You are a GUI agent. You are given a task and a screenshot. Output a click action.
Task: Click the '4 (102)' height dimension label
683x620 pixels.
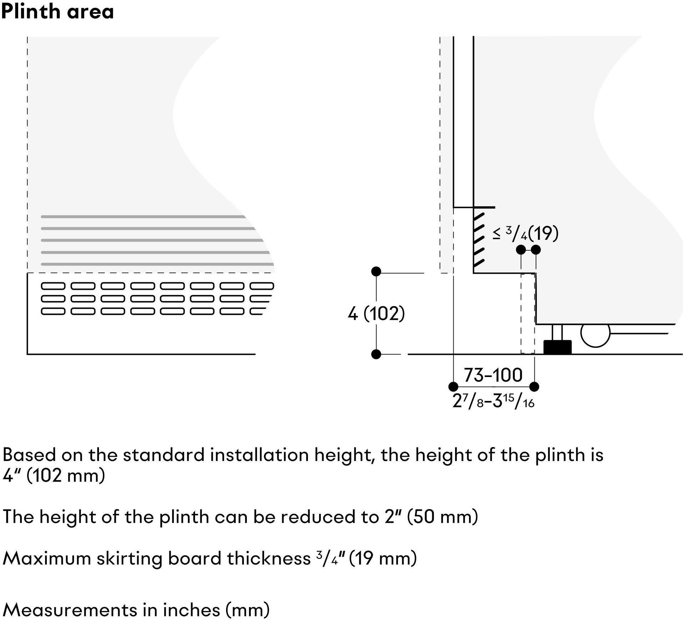(x=377, y=314)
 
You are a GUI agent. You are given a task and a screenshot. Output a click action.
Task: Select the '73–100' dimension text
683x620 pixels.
(x=493, y=375)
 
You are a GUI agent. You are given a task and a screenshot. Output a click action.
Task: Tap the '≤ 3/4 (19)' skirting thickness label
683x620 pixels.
(x=525, y=233)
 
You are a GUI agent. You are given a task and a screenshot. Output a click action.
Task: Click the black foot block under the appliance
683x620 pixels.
(x=557, y=347)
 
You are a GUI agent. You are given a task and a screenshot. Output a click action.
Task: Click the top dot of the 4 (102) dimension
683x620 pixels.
(x=376, y=272)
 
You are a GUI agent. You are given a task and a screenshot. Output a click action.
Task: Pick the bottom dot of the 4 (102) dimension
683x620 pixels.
(x=376, y=354)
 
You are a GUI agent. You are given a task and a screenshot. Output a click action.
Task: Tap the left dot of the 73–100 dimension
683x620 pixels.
(x=453, y=386)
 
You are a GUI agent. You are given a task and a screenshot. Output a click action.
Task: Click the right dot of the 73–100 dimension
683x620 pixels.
(x=534, y=386)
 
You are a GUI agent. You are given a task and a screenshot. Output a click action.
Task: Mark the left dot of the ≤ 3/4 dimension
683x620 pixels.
(x=521, y=250)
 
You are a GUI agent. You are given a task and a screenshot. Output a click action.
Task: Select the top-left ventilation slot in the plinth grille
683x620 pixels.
(x=53, y=286)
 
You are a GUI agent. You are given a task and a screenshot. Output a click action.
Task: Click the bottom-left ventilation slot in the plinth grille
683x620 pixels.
(x=53, y=311)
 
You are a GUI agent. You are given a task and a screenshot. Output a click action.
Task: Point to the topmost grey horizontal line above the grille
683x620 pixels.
(x=143, y=217)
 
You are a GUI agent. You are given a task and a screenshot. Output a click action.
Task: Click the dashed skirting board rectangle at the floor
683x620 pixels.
(x=528, y=314)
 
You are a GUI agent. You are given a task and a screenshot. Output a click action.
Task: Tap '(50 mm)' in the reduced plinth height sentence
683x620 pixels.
(x=443, y=517)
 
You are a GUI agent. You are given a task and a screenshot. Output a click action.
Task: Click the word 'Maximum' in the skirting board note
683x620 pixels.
(x=47, y=558)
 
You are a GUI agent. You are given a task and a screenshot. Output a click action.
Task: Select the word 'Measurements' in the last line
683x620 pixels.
(x=70, y=610)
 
